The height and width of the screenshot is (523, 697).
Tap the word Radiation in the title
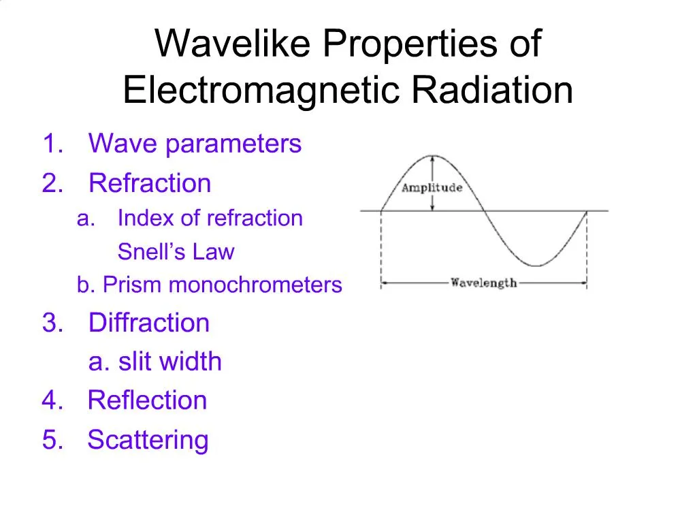[x=491, y=91]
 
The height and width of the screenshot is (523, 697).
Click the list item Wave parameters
[x=195, y=144]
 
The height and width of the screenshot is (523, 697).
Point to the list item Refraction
[x=150, y=184]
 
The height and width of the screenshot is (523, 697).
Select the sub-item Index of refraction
[x=210, y=219]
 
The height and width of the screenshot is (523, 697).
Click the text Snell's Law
[x=176, y=252]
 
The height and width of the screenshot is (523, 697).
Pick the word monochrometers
[x=255, y=285]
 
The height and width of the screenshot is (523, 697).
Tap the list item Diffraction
[x=149, y=323]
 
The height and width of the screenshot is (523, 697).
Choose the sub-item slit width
[x=169, y=362]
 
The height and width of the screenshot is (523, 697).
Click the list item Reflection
[x=147, y=400]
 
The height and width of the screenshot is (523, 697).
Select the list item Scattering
[x=148, y=440]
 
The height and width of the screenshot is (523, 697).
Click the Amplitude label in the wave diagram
[x=432, y=188]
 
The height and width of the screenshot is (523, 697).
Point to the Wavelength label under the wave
[x=483, y=283]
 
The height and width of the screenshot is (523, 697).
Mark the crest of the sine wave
[x=432, y=155]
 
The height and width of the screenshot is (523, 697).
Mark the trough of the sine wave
[x=536, y=266]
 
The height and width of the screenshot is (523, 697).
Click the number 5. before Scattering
[x=52, y=440]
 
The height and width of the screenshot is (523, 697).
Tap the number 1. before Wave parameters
[x=52, y=144]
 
